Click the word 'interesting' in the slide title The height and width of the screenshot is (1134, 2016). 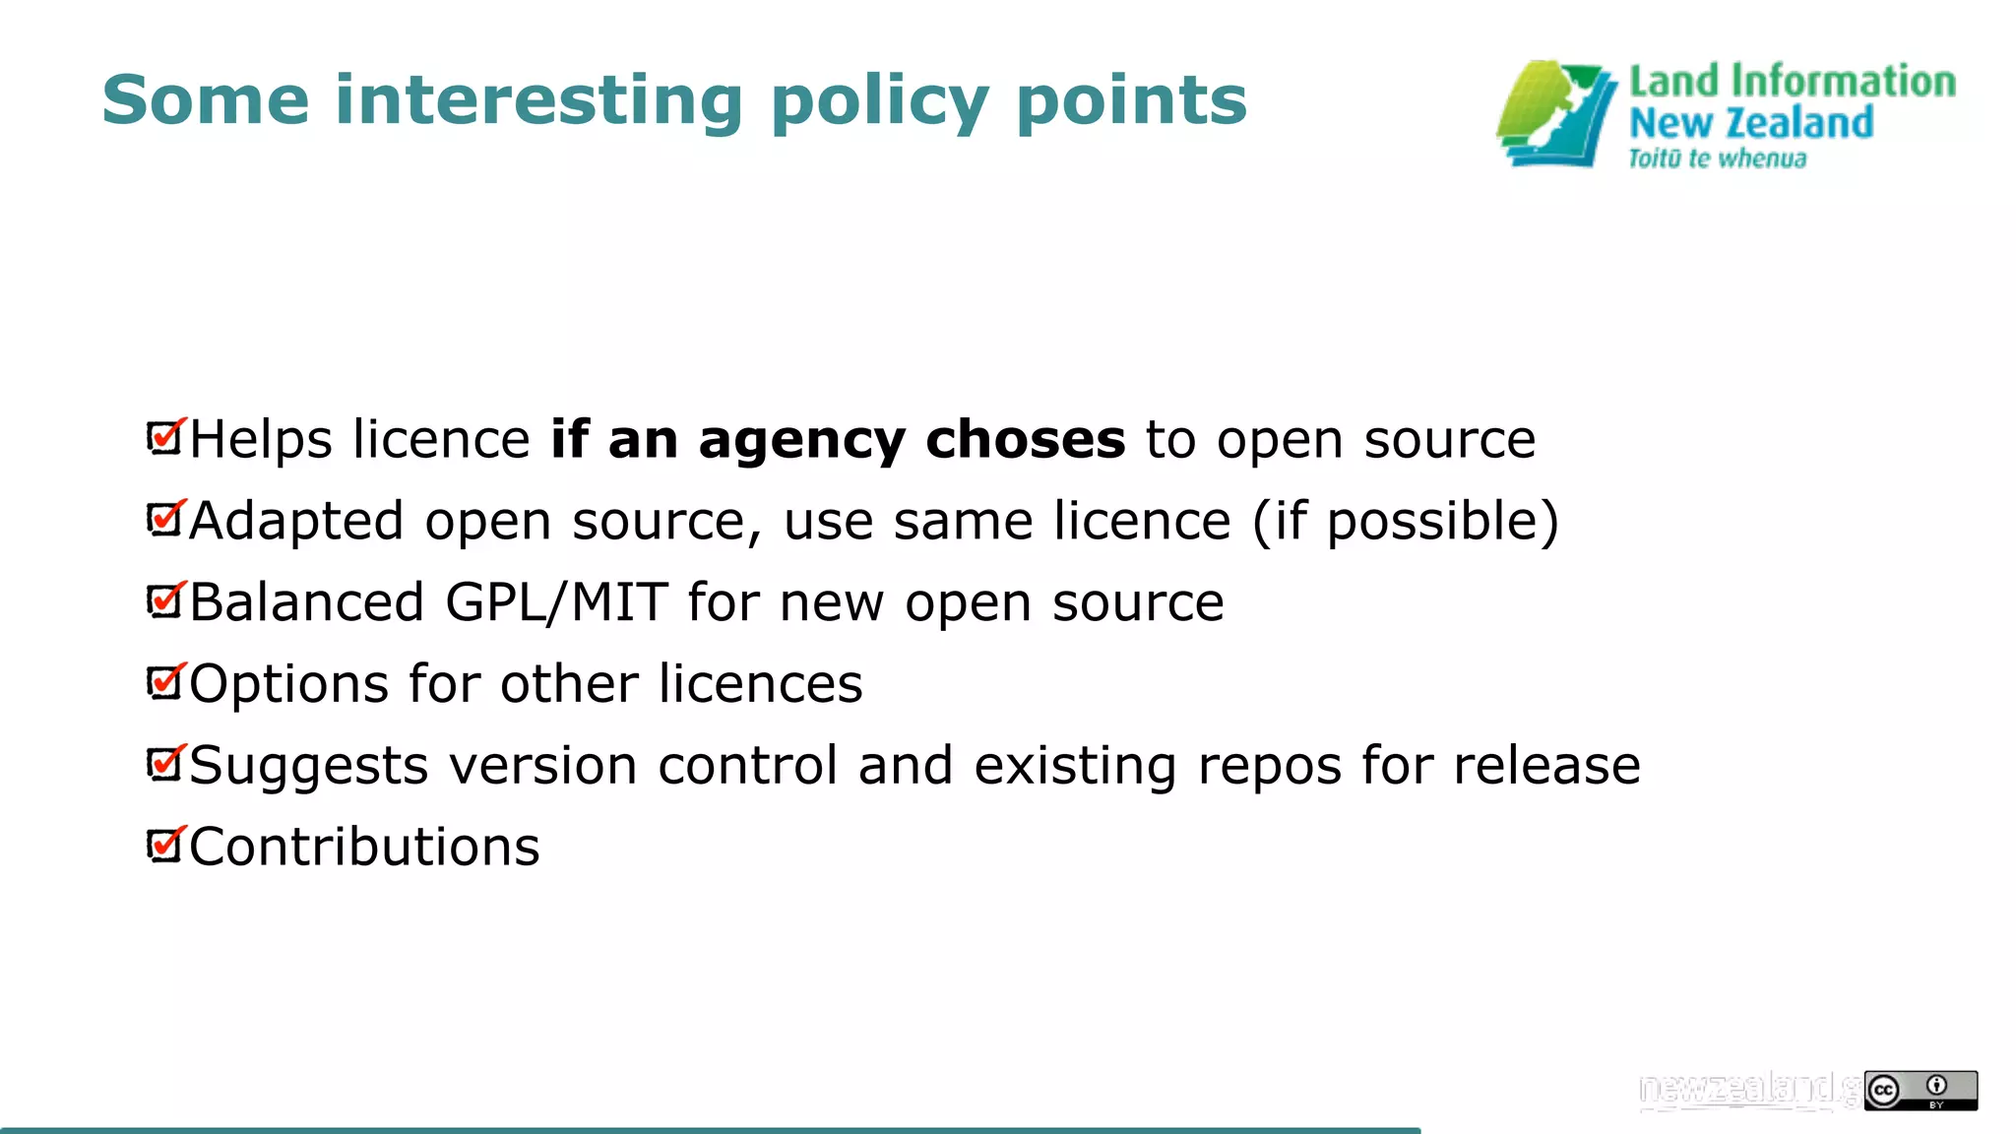click(538, 100)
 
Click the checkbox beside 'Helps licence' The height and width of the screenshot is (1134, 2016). click(165, 437)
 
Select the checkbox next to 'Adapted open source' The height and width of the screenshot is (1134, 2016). click(165, 519)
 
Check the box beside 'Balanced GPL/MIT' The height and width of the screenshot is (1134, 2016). click(165, 600)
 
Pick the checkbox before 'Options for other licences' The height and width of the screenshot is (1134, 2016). click(165, 682)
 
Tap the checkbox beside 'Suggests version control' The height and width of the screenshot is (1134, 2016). click(165, 764)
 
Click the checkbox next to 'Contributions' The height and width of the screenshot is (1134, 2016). click(165, 846)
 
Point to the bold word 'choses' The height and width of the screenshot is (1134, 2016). click(1025, 439)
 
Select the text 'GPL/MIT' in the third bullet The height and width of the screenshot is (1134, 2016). click(556, 602)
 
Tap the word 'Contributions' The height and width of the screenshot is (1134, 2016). click(364, 848)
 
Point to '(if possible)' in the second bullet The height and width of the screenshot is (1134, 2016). click(1405, 522)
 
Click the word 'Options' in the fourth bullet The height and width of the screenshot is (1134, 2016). click(288, 685)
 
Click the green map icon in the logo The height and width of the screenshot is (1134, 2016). click(1556, 114)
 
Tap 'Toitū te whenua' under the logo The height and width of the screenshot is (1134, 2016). click(1717, 159)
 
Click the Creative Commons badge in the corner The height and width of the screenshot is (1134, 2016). click(1920, 1091)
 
